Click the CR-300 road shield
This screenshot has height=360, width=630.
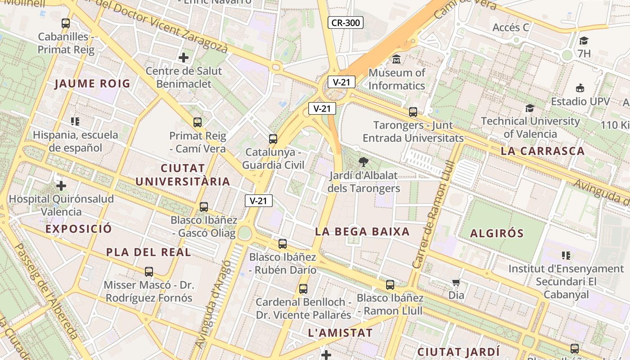tap(345, 22)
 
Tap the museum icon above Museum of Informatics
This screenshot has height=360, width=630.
tap(396, 59)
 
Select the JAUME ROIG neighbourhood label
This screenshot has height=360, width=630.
tap(93, 84)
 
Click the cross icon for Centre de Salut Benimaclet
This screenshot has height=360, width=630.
tap(184, 58)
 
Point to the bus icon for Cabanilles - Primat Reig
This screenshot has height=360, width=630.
tap(66, 23)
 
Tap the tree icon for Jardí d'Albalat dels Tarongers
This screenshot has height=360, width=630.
tap(364, 162)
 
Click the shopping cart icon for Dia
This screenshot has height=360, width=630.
tap(456, 283)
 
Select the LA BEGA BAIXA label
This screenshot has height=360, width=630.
tap(362, 232)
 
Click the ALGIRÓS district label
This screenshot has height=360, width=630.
tap(497, 233)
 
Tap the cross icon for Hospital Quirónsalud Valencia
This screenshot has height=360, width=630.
tap(61, 185)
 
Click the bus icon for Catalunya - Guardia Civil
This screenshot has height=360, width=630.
tap(273, 139)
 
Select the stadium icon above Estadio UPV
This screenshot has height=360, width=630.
tap(580, 88)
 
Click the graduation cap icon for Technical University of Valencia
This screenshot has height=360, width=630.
tap(530, 108)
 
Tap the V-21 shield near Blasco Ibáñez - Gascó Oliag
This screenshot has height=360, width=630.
tap(259, 201)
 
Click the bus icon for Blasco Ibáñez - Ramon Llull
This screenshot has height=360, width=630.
tap(390, 284)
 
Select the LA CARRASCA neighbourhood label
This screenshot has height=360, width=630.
tap(542, 151)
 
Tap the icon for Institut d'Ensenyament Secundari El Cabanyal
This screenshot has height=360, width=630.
tap(566, 256)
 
